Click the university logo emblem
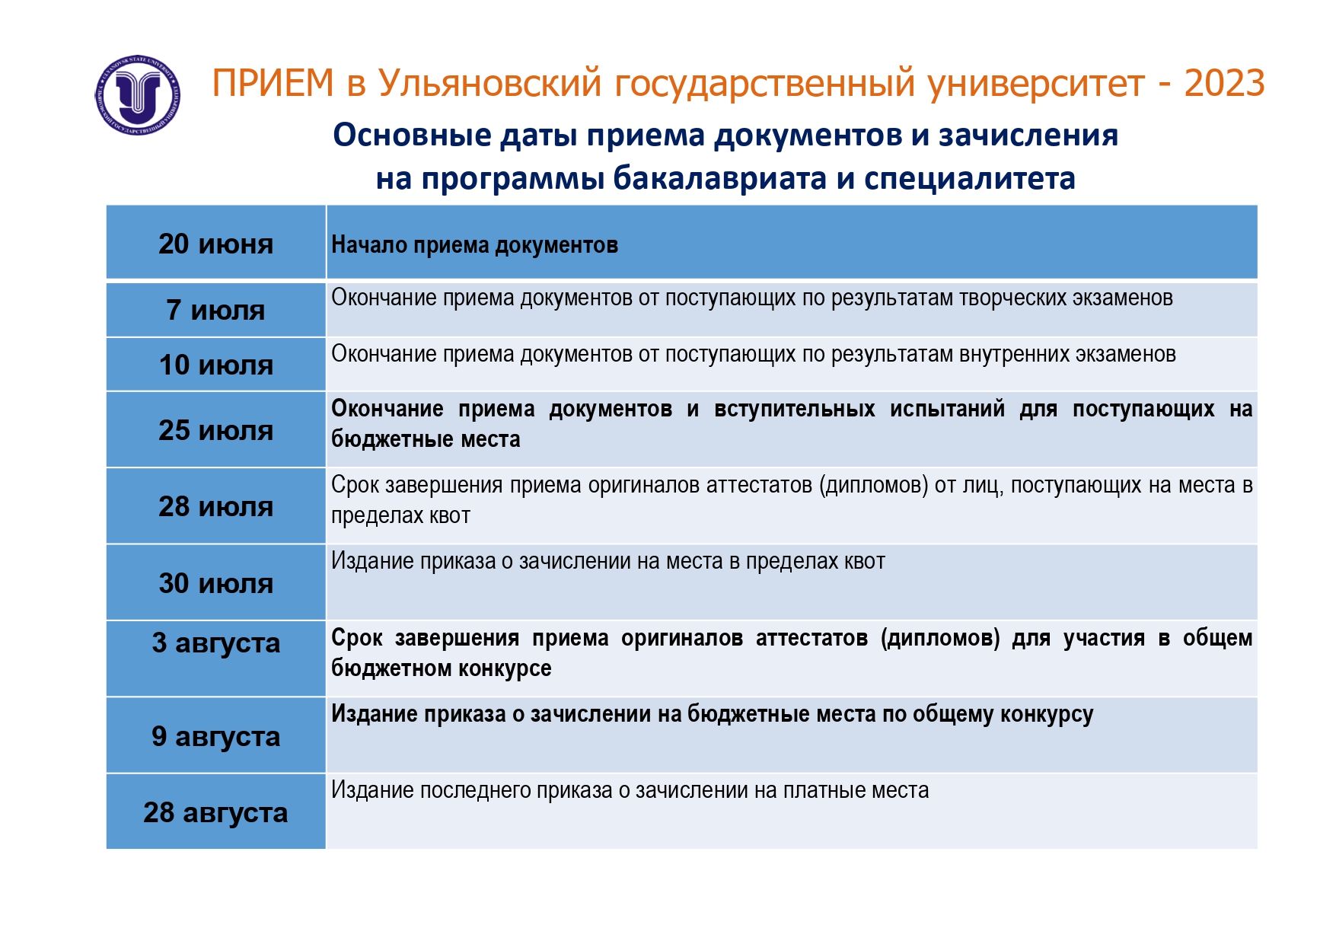click(x=138, y=95)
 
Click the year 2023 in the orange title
click(x=1224, y=83)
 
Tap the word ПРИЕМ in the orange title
click(x=273, y=83)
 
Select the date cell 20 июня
click(x=216, y=243)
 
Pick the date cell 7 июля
click(x=216, y=310)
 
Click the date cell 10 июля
click(x=216, y=365)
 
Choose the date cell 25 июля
click(x=216, y=430)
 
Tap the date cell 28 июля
click(x=216, y=506)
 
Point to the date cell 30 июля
click(x=216, y=583)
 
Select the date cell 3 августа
click(x=216, y=659)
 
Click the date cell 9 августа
click(x=216, y=735)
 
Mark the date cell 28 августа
click(x=216, y=812)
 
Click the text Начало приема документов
click(x=474, y=245)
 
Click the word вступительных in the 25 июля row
click(x=794, y=410)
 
